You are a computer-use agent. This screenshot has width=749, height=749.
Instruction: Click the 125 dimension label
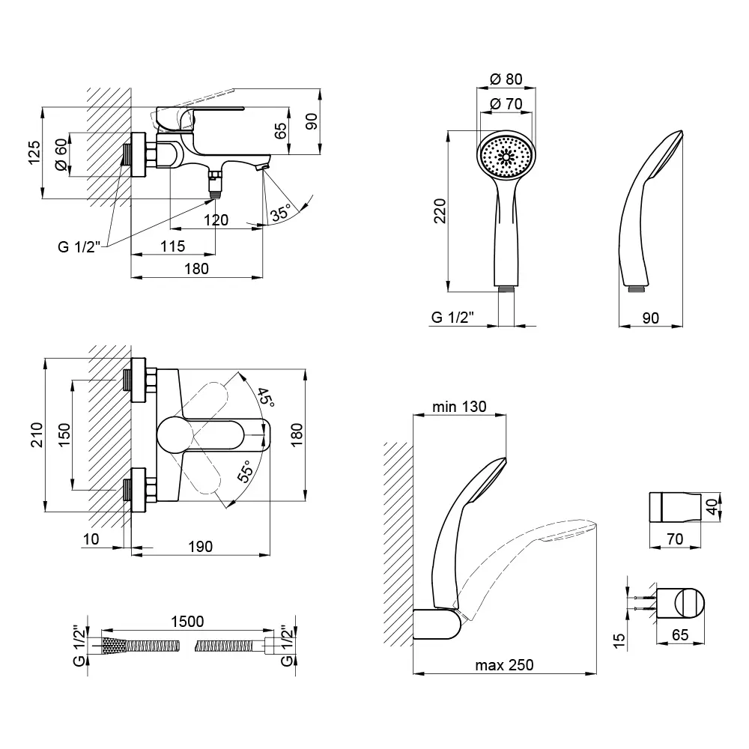click(33, 154)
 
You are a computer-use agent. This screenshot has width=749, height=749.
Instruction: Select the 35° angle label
click(281, 213)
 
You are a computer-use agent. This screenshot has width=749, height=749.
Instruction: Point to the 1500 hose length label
click(187, 622)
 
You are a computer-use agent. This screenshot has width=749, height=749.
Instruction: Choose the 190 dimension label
click(198, 547)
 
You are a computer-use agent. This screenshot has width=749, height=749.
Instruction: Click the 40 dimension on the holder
click(713, 506)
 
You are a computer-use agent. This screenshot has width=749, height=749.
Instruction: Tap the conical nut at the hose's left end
click(114, 645)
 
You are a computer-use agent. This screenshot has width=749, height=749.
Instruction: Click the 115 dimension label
click(172, 246)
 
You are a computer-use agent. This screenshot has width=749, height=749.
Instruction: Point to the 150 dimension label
click(64, 434)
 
